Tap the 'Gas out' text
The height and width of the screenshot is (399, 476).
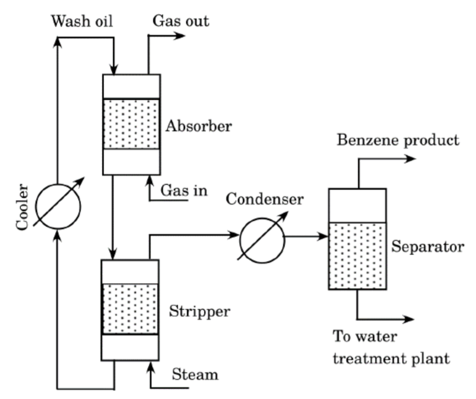coord(181,21)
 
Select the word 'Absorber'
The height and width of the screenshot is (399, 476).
coord(198,126)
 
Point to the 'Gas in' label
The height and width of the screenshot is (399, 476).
coord(184,190)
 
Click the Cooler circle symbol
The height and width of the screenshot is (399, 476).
coord(59,205)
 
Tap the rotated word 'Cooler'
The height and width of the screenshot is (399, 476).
coord(23,207)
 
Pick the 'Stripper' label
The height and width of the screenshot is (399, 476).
coord(199,311)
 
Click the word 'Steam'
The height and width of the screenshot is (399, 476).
coord(195,375)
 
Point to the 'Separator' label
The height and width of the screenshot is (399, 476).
coord(428,247)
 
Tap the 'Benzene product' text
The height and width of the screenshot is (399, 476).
coord(398,140)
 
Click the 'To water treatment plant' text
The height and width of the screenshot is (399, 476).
coord(390,348)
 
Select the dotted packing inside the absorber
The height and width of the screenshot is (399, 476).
coord(131,124)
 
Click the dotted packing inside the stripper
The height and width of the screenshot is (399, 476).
coord(130,309)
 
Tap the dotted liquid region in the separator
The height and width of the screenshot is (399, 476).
coord(357,256)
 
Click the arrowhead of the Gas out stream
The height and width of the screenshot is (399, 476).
coord(180,35)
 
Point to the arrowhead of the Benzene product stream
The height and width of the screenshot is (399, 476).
coord(411,159)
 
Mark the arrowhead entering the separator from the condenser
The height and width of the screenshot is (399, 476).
coord(323,237)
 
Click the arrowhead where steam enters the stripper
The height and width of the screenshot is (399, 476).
coord(150,367)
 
